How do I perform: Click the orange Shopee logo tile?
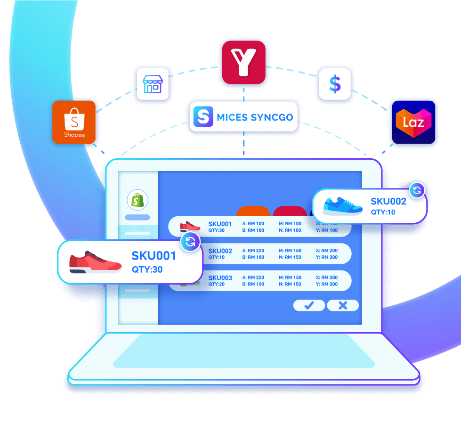(x=74, y=122)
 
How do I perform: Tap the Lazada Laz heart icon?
(x=413, y=122)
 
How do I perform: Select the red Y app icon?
(x=243, y=63)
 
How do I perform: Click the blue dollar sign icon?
(x=335, y=84)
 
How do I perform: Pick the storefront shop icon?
(x=152, y=84)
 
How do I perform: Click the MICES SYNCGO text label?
(x=255, y=117)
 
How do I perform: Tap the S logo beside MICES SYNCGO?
(x=203, y=117)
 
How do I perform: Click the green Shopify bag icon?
(x=137, y=200)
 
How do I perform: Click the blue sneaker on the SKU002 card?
(x=343, y=206)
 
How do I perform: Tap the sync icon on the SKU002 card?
(x=417, y=190)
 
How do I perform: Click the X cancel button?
(x=343, y=305)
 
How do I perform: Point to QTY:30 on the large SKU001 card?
(x=147, y=270)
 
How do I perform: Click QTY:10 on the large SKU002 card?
(x=383, y=212)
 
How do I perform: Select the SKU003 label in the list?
(x=220, y=277)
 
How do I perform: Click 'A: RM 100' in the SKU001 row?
(x=253, y=224)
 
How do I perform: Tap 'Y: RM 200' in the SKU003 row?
(x=327, y=284)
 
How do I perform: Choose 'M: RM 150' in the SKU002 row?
(x=290, y=251)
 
